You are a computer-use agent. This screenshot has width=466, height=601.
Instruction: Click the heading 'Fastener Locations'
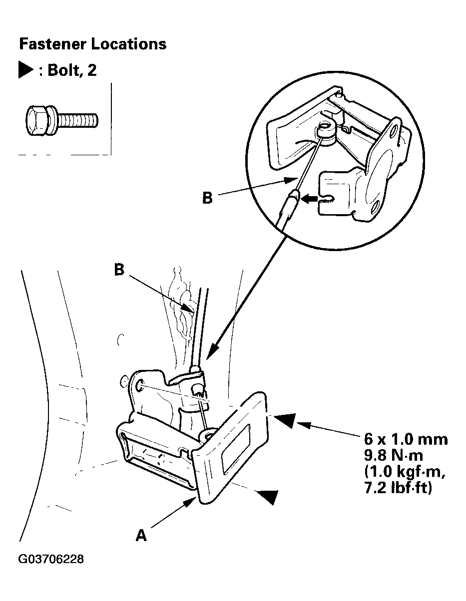pos(93,44)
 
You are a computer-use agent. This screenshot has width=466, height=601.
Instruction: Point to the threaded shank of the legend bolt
pos(78,120)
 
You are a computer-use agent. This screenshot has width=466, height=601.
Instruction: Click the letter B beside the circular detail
pos(207,198)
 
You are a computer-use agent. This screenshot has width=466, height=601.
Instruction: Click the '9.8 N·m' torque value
pos(393,455)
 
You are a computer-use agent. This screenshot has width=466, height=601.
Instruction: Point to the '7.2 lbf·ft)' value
pos(398,488)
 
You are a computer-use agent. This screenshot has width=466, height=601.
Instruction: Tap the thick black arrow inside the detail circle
pos(311,198)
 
